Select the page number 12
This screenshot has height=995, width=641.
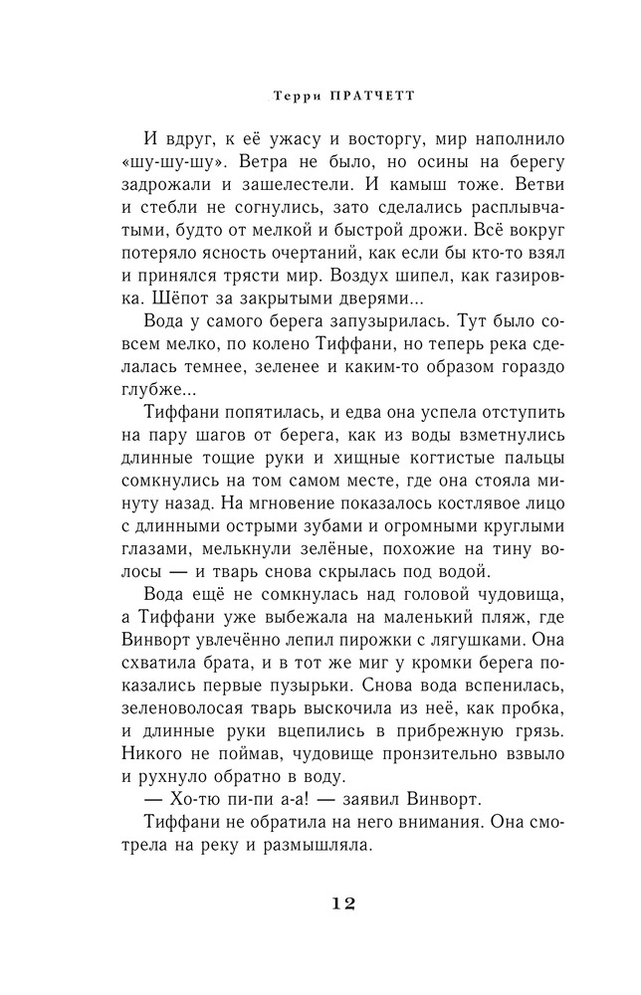[334, 903]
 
